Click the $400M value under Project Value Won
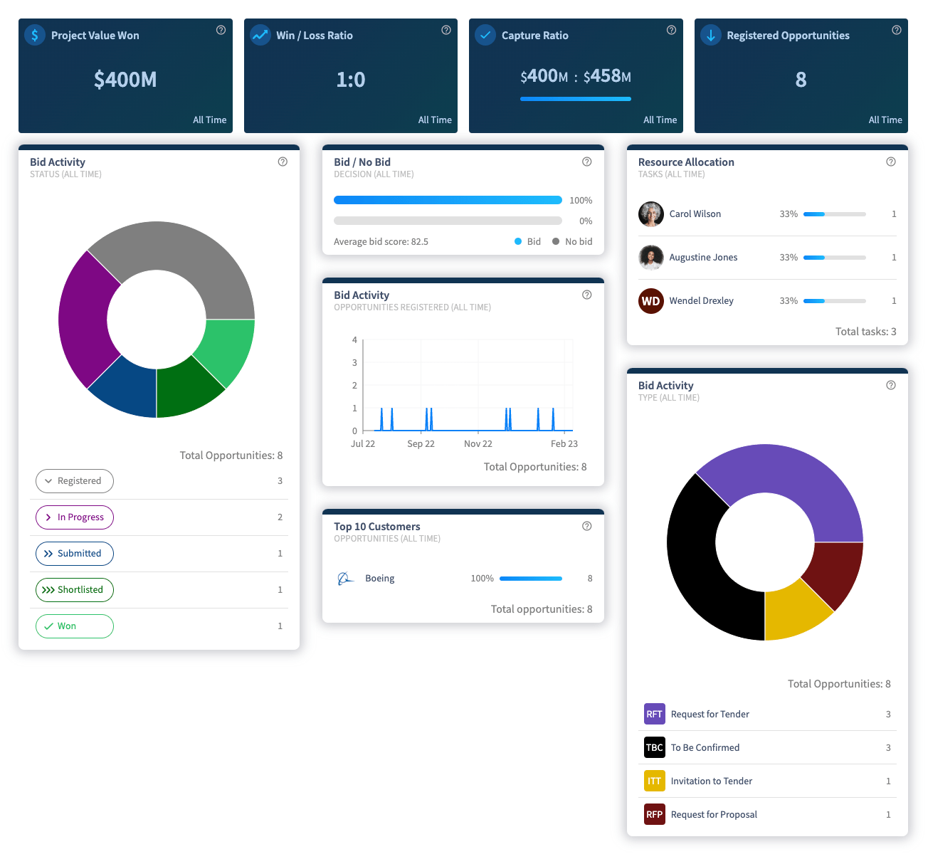click(x=125, y=79)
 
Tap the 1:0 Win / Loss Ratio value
click(x=350, y=79)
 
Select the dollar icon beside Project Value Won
click(x=35, y=35)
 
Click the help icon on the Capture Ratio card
click(x=671, y=30)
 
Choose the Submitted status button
click(x=75, y=554)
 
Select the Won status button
click(x=75, y=626)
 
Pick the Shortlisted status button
click(x=75, y=590)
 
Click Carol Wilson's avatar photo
click(x=651, y=214)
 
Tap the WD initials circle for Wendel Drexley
click(x=651, y=301)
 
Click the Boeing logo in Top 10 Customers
click(x=345, y=579)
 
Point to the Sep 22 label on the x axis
click(x=421, y=444)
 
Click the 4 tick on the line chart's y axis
click(x=354, y=340)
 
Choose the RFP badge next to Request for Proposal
click(x=655, y=814)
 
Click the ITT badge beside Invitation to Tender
click(x=655, y=781)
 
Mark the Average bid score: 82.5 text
click(x=381, y=242)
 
